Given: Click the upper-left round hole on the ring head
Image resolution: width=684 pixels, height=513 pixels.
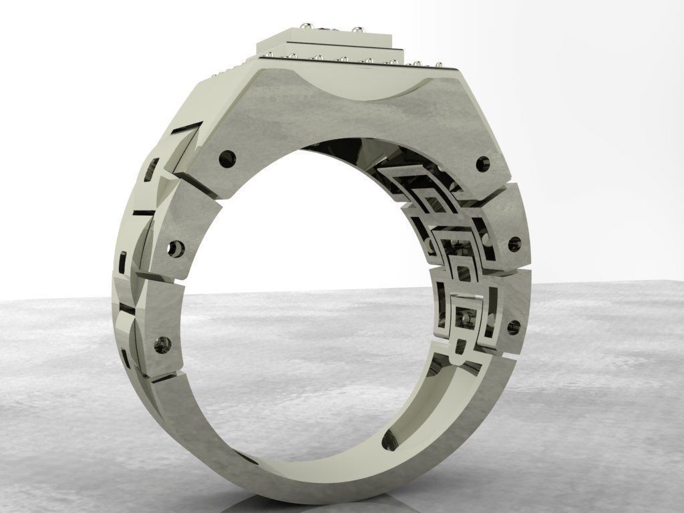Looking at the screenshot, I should coord(228,159).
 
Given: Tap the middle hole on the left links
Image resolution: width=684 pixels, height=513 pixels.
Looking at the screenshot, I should coord(176,249).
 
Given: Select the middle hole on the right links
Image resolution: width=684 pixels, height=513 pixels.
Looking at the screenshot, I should coord(514,244).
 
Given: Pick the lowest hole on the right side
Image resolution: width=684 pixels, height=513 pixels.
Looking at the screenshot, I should coord(513,327).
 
